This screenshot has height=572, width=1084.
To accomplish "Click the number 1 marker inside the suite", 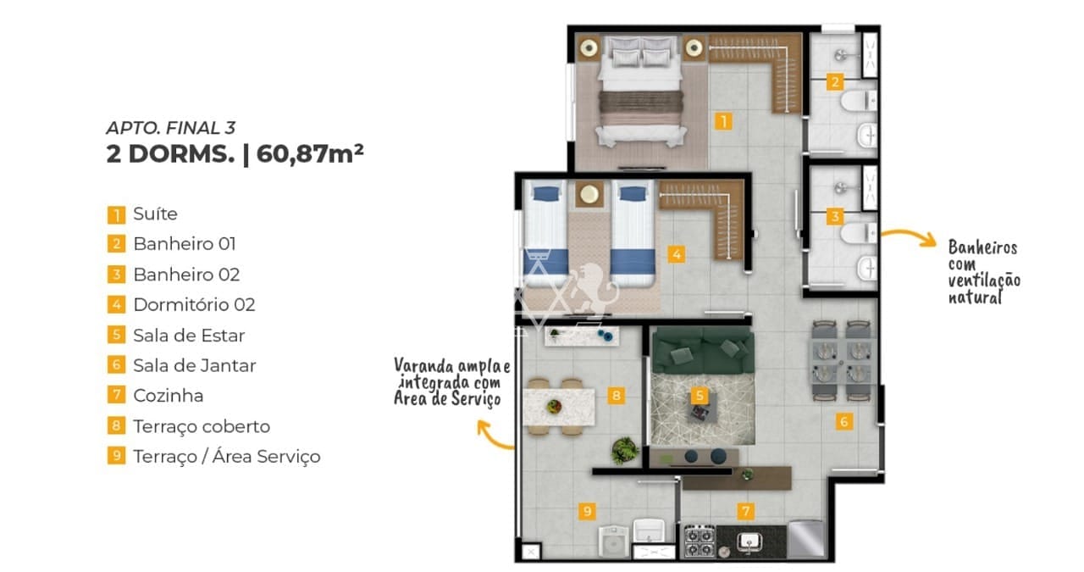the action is click(x=723, y=121).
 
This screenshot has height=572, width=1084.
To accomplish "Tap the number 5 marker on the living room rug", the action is click(x=700, y=396).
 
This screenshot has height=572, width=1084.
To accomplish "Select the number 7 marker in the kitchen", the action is click(x=745, y=511).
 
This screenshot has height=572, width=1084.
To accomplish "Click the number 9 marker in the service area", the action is click(x=587, y=511).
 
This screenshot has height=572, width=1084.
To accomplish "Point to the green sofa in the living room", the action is click(x=703, y=350).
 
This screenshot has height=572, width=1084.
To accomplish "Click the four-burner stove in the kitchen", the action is click(x=700, y=541).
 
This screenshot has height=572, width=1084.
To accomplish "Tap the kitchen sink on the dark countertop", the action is click(x=749, y=542).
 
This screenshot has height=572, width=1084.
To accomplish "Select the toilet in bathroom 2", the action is click(x=859, y=100).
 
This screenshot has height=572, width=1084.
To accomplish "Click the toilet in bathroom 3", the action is click(x=859, y=233).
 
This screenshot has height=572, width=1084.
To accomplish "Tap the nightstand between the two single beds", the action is click(x=589, y=194).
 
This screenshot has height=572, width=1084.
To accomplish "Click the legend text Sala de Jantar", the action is click(x=195, y=366).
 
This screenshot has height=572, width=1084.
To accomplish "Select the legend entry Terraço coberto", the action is click(x=202, y=426).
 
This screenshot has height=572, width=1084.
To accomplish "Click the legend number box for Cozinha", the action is click(x=116, y=395).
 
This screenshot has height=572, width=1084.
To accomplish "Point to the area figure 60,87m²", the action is click(x=310, y=154).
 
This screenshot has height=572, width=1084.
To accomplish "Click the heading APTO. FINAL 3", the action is click(x=171, y=128).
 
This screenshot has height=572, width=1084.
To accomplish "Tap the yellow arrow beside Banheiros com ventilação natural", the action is click(x=909, y=237).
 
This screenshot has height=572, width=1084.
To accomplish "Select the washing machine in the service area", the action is click(x=613, y=541).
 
